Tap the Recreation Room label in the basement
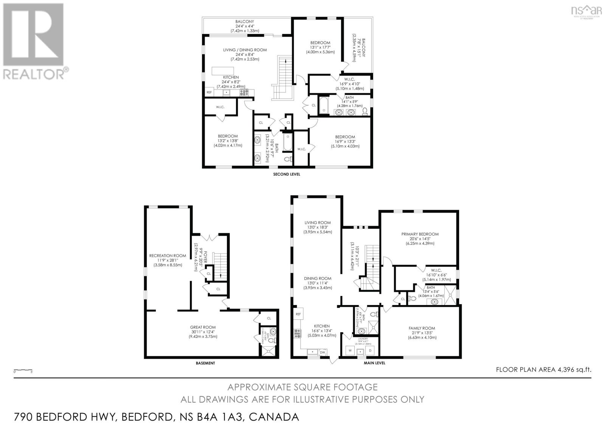pos(168,256)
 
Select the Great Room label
pos(203,327)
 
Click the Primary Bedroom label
pos(420,234)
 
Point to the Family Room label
pos(422,328)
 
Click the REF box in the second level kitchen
pos(209,92)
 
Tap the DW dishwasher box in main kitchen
pos(323,352)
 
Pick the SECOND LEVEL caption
pos(287,174)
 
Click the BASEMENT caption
pos(205,363)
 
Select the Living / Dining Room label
pos(245,50)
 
